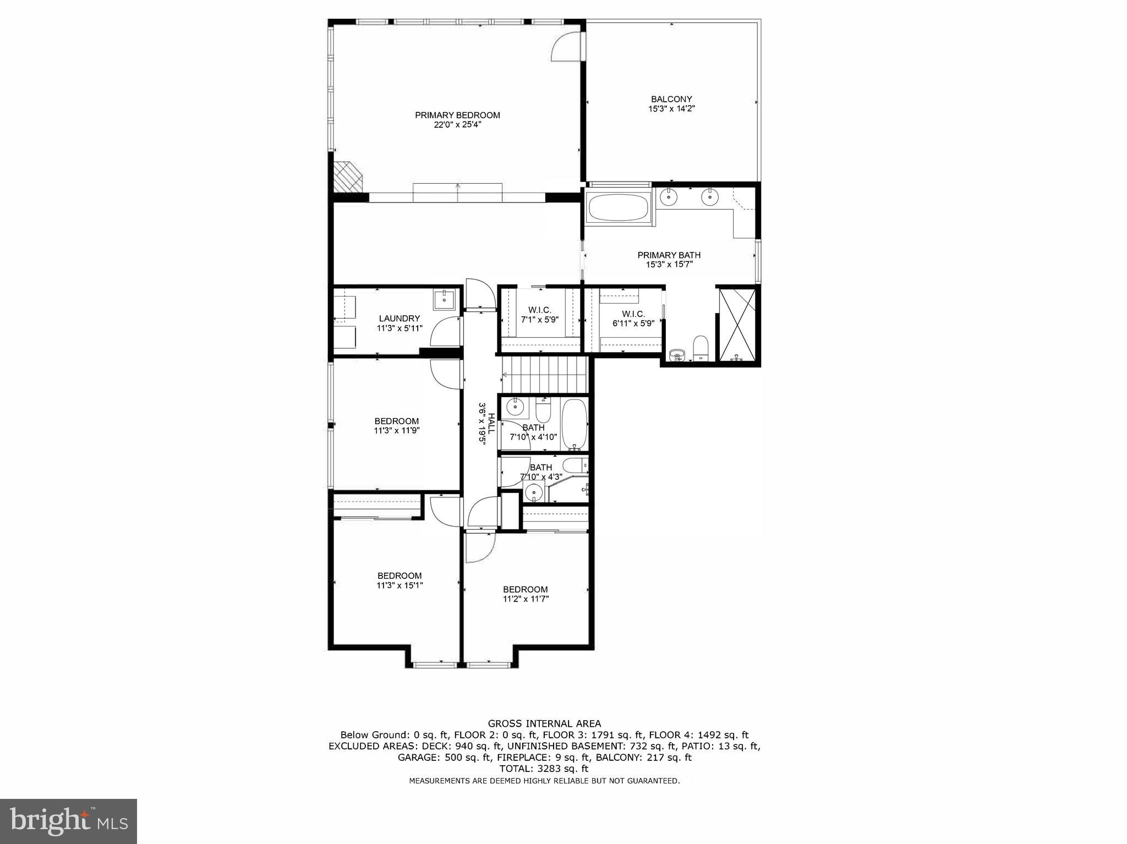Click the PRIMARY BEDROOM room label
point(457,116)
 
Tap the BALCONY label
point(671,100)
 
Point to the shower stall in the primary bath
point(738,324)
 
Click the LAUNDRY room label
point(399,319)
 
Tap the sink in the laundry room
point(444,300)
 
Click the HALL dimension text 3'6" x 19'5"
point(483,424)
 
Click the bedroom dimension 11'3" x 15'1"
point(400,586)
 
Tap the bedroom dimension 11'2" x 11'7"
point(526,599)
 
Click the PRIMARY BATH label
point(669,255)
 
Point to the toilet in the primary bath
point(701,347)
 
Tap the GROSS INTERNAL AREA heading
point(544,724)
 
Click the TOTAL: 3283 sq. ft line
point(544,769)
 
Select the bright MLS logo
point(69,821)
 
